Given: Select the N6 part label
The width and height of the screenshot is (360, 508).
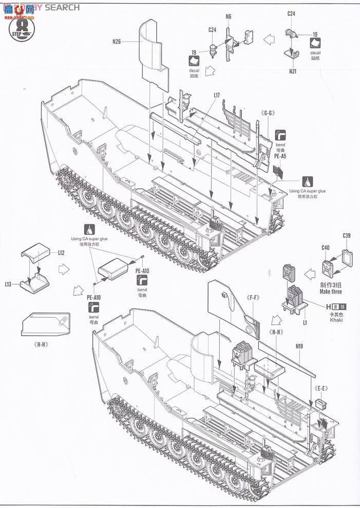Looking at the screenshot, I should click(x=229, y=16).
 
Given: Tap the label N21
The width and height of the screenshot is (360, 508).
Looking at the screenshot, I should click(x=293, y=71).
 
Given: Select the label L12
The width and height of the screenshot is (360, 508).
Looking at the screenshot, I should click(x=61, y=253).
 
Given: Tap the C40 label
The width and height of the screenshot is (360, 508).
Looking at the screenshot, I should click(x=325, y=248).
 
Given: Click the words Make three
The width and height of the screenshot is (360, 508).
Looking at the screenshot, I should click(x=330, y=291).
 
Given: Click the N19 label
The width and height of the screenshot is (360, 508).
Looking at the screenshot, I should click(x=299, y=346).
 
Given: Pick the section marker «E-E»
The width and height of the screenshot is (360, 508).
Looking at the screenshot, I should click(x=321, y=388).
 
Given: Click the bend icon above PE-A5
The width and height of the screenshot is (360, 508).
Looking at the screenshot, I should click(x=281, y=135).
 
